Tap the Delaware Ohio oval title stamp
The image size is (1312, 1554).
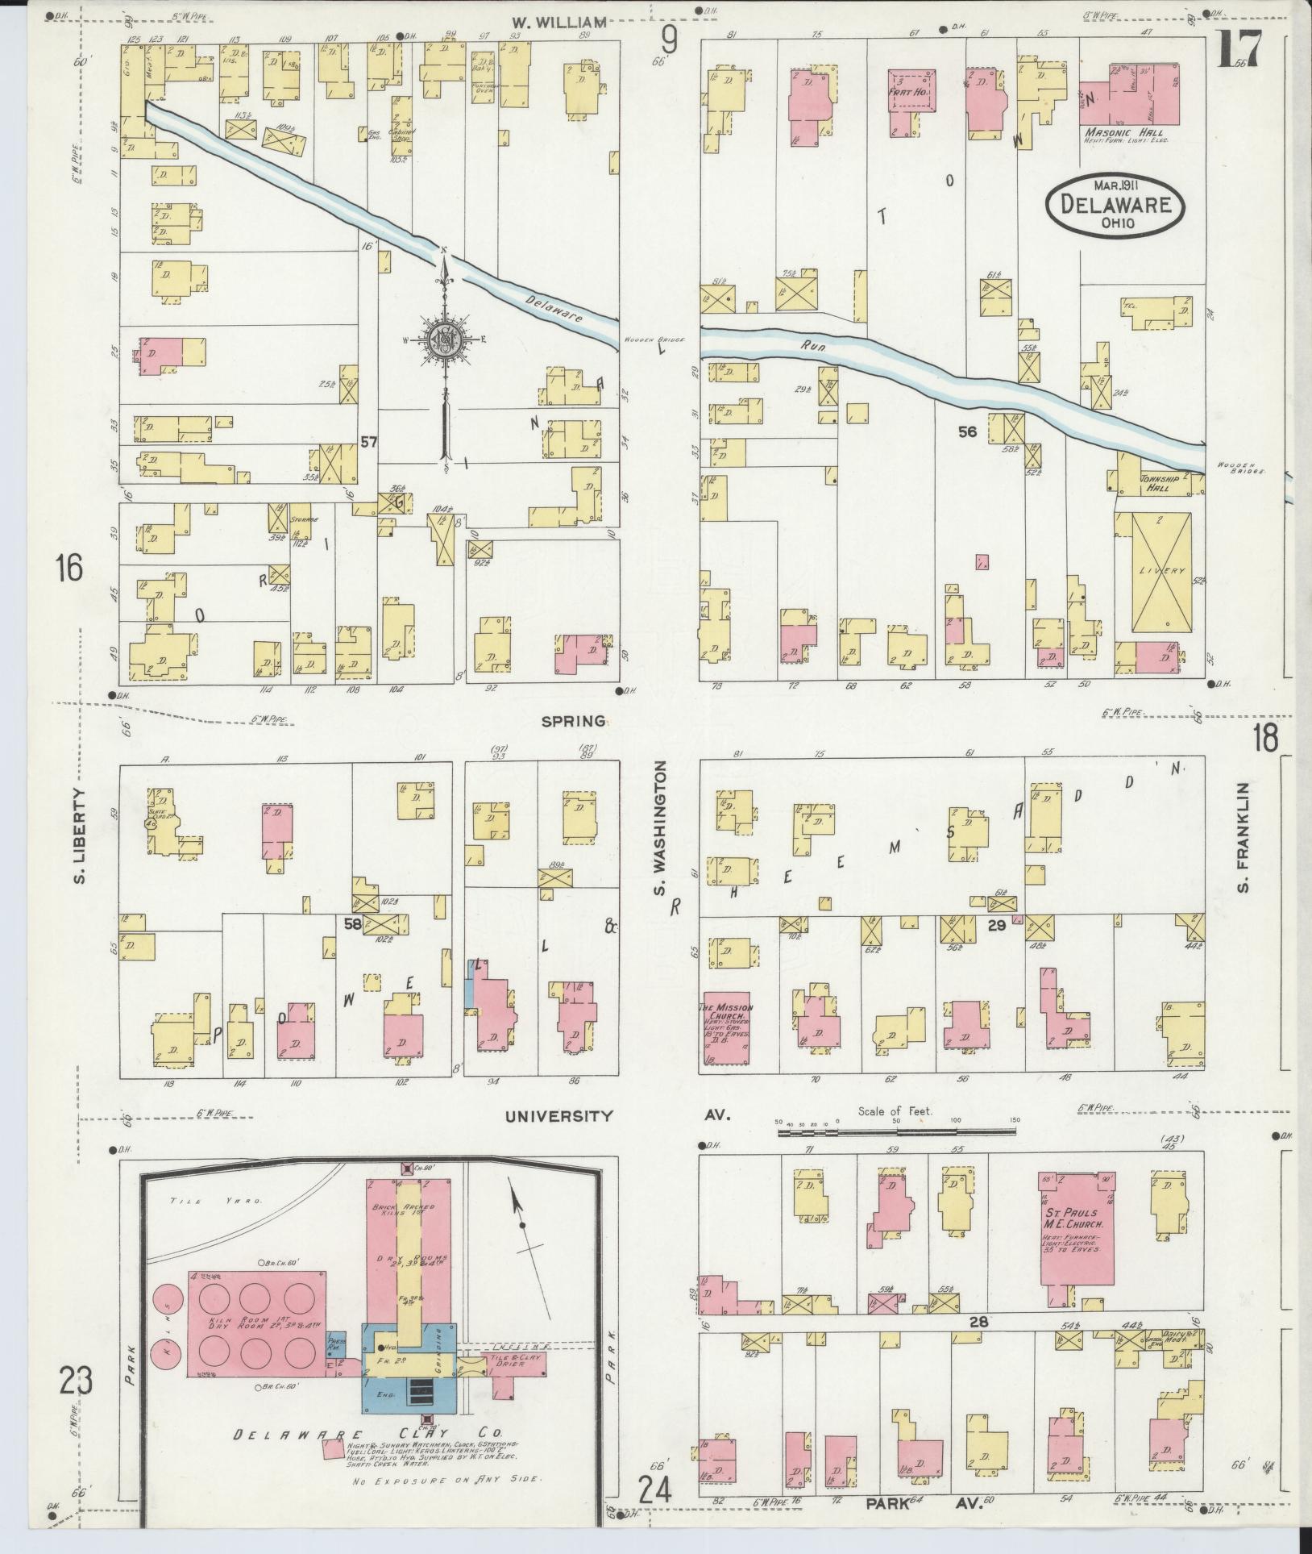click(1115, 205)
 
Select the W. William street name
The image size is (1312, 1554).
click(558, 23)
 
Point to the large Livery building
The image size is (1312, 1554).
click(1161, 572)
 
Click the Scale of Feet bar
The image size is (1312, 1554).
click(896, 1132)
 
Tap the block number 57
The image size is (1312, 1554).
click(369, 442)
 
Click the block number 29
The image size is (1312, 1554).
click(996, 926)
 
